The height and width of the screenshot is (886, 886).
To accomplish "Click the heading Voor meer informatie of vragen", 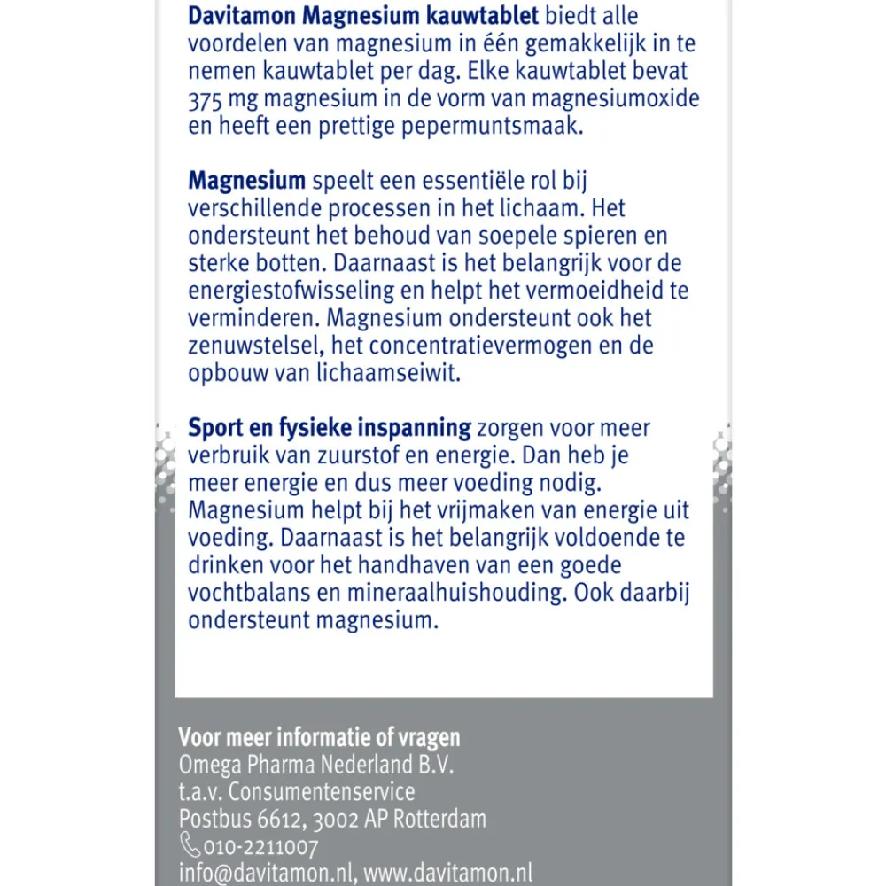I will pyautogui.click(x=319, y=738).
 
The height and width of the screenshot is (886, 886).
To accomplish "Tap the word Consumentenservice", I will pyautogui.click(x=330, y=791).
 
